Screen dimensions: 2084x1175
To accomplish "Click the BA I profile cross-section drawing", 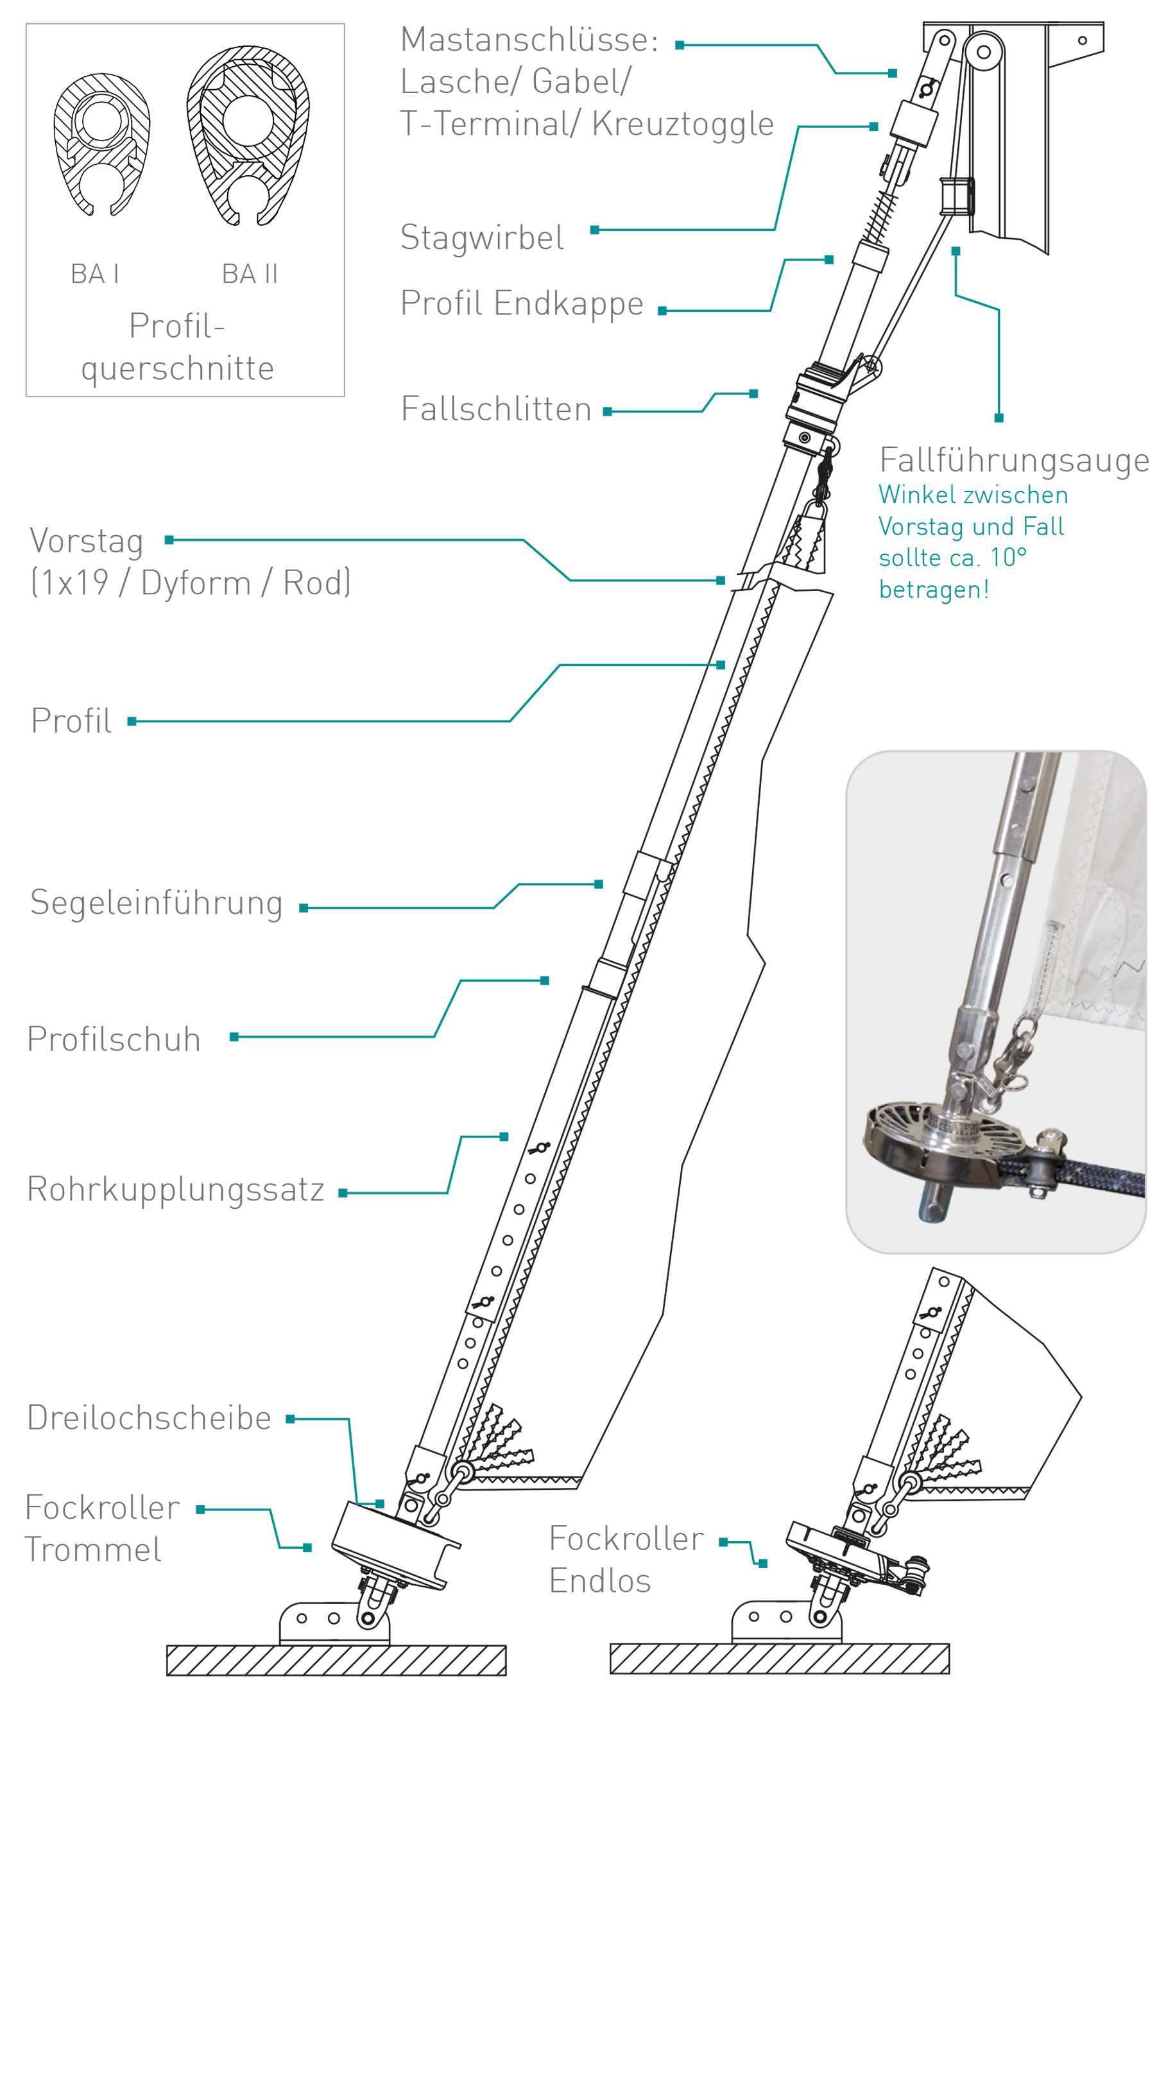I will (x=101, y=144).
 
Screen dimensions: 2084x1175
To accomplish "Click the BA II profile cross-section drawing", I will (x=248, y=134).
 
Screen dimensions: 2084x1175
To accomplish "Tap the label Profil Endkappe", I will (x=522, y=304).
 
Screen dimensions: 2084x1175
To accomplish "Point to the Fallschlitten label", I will (x=496, y=409).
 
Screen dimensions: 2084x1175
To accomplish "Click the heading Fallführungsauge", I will (x=1013, y=460).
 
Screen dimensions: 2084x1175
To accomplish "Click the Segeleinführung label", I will (x=156, y=903).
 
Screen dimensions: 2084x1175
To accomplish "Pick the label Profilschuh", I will (x=114, y=1039).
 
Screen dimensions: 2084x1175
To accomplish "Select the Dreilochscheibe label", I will (x=149, y=1418).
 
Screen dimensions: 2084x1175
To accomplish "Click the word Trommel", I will (x=93, y=1550).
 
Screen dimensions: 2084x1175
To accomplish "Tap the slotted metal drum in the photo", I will (x=931, y=1141).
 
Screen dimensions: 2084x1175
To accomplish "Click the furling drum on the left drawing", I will (x=393, y=1545).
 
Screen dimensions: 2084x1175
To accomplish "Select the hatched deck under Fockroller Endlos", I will (x=778, y=1659).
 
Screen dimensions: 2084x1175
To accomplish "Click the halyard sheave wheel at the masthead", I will (x=983, y=53).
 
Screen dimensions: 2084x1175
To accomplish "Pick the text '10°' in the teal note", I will (x=1008, y=558).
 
